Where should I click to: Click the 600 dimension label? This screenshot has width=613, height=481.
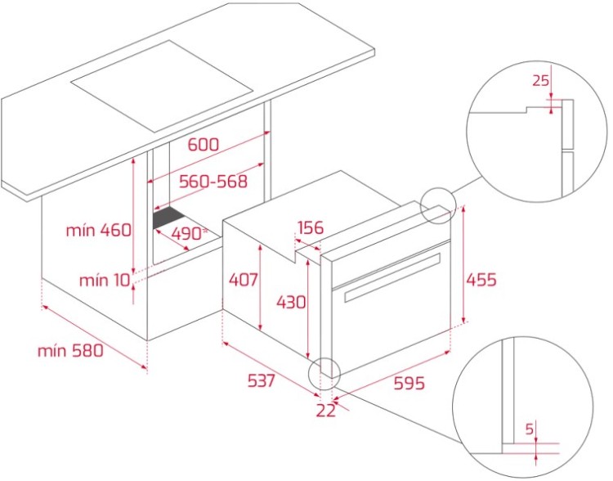pos(204,145)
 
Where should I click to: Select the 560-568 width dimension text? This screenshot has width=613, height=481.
pos(213,182)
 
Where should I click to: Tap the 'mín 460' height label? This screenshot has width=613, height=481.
pos(99,230)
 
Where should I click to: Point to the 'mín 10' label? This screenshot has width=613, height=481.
pos(105,281)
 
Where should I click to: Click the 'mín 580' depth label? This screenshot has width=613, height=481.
pos(70,351)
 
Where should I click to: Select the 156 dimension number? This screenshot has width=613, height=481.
pos(311,227)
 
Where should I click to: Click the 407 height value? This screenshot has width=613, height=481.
pos(244,280)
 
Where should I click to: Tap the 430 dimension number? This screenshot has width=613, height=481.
pos(291,302)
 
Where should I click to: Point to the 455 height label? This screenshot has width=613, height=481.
pos(481,280)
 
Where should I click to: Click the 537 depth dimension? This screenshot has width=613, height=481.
pos(262,380)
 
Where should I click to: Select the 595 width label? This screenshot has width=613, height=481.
pos(409,383)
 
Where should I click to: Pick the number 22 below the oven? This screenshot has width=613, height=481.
pos(325,410)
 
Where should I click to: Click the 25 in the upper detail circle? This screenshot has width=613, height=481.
pos(541,80)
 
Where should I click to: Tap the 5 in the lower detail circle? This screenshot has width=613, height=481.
pos(530,429)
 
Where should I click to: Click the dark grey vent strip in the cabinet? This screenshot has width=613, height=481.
pos(169,218)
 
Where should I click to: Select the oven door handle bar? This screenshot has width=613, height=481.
pos(392,277)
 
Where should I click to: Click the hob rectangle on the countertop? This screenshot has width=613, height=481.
pos(162,86)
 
